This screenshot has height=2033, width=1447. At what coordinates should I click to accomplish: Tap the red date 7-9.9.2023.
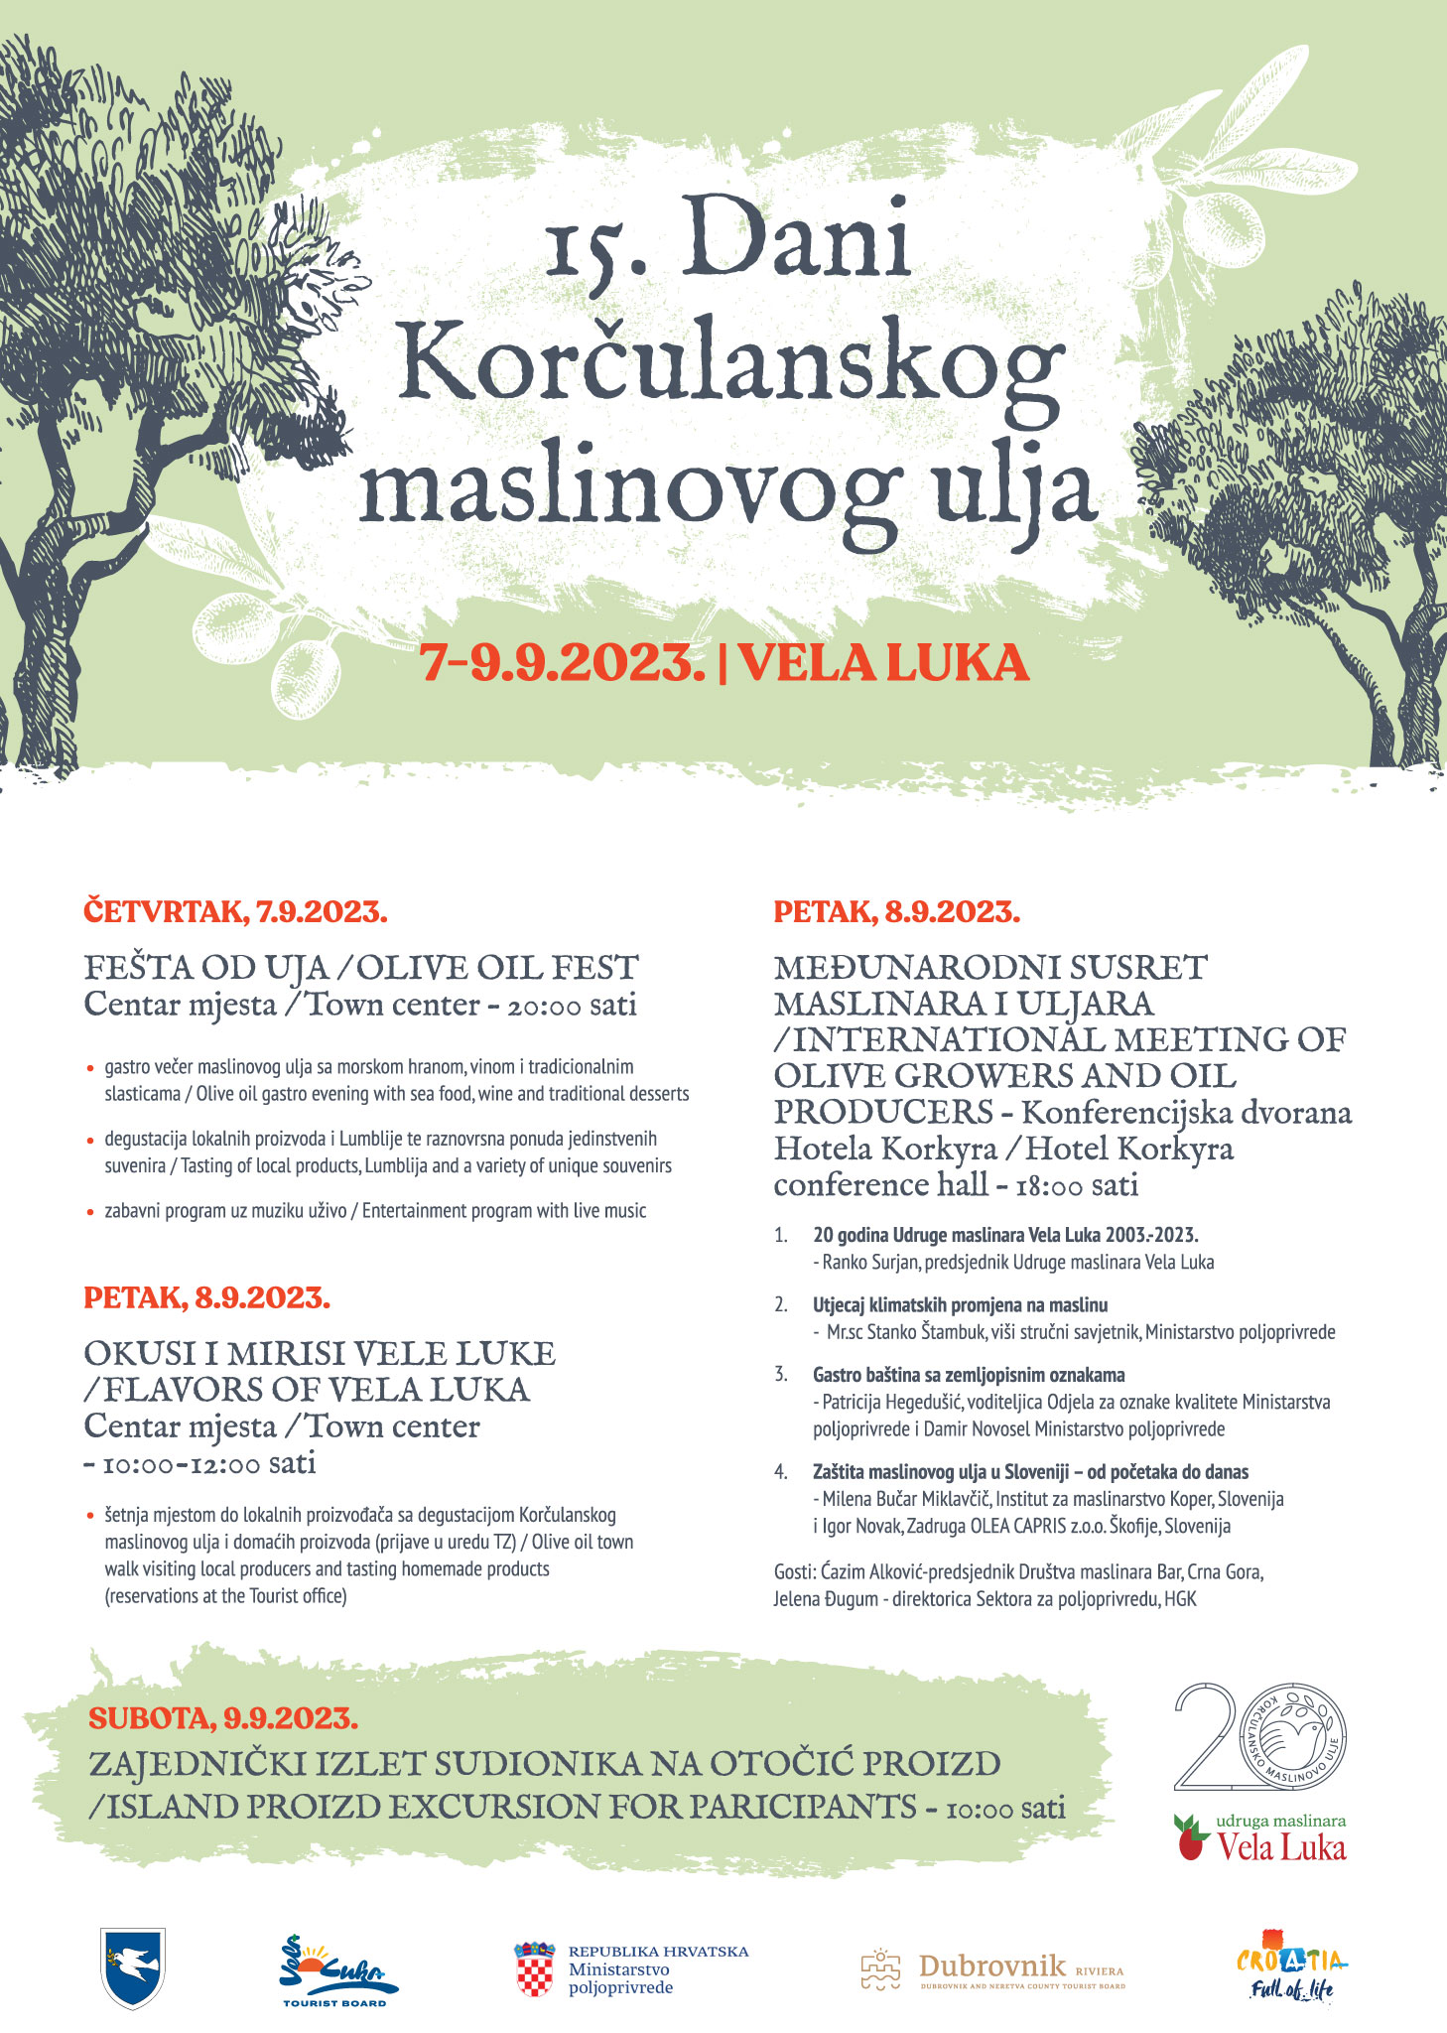tap(562, 663)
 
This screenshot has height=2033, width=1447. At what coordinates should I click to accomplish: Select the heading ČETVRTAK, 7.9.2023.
tap(235, 911)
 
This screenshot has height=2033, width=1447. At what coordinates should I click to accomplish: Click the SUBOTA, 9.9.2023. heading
tap(223, 1717)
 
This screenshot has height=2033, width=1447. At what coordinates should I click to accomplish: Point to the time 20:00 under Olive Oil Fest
tap(545, 1006)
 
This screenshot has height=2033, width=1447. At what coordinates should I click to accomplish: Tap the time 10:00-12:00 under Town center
tap(182, 1464)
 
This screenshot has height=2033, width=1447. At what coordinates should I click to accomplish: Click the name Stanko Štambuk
tap(924, 1332)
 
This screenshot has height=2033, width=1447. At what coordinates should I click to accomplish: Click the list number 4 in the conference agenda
tap(781, 1472)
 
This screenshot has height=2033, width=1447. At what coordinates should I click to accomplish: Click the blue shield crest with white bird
tap(133, 1968)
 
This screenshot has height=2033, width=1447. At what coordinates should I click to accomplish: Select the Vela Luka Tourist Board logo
tap(336, 1969)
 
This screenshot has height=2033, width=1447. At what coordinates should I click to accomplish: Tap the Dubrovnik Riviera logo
tap(992, 1969)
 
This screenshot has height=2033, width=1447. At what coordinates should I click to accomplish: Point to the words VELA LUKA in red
tap(882, 663)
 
